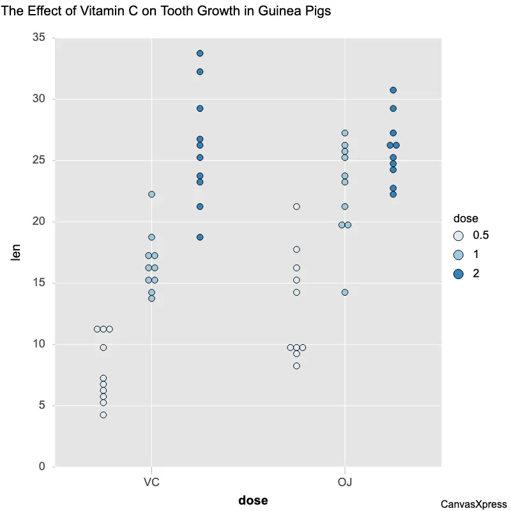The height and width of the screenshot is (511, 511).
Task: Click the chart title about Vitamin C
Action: point(166,11)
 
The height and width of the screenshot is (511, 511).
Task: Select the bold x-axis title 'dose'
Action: point(253,500)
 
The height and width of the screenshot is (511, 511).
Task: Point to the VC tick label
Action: point(151,481)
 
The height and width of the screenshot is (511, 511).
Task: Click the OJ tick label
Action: point(345,481)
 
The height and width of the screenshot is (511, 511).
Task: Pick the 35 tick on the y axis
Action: point(39,38)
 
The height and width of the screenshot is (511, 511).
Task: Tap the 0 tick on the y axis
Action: point(42,467)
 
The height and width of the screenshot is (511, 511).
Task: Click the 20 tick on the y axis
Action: point(39,222)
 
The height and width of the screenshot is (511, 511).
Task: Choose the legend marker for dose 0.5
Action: point(458,235)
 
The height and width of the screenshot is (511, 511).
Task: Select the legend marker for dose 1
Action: point(458,254)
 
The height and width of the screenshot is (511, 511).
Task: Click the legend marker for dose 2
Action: point(458,273)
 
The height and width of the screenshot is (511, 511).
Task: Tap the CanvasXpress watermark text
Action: point(473,504)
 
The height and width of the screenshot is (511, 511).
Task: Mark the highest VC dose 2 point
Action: point(200,53)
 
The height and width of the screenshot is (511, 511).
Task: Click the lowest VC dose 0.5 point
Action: point(103,415)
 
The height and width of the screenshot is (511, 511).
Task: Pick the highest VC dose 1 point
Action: point(151,194)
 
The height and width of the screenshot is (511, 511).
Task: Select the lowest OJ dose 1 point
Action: point(345,293)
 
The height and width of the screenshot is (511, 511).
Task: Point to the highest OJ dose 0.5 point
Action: point(296,206)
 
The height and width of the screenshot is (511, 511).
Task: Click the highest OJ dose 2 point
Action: point(393,90)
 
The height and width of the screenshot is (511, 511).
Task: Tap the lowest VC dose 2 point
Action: point(200,237)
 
